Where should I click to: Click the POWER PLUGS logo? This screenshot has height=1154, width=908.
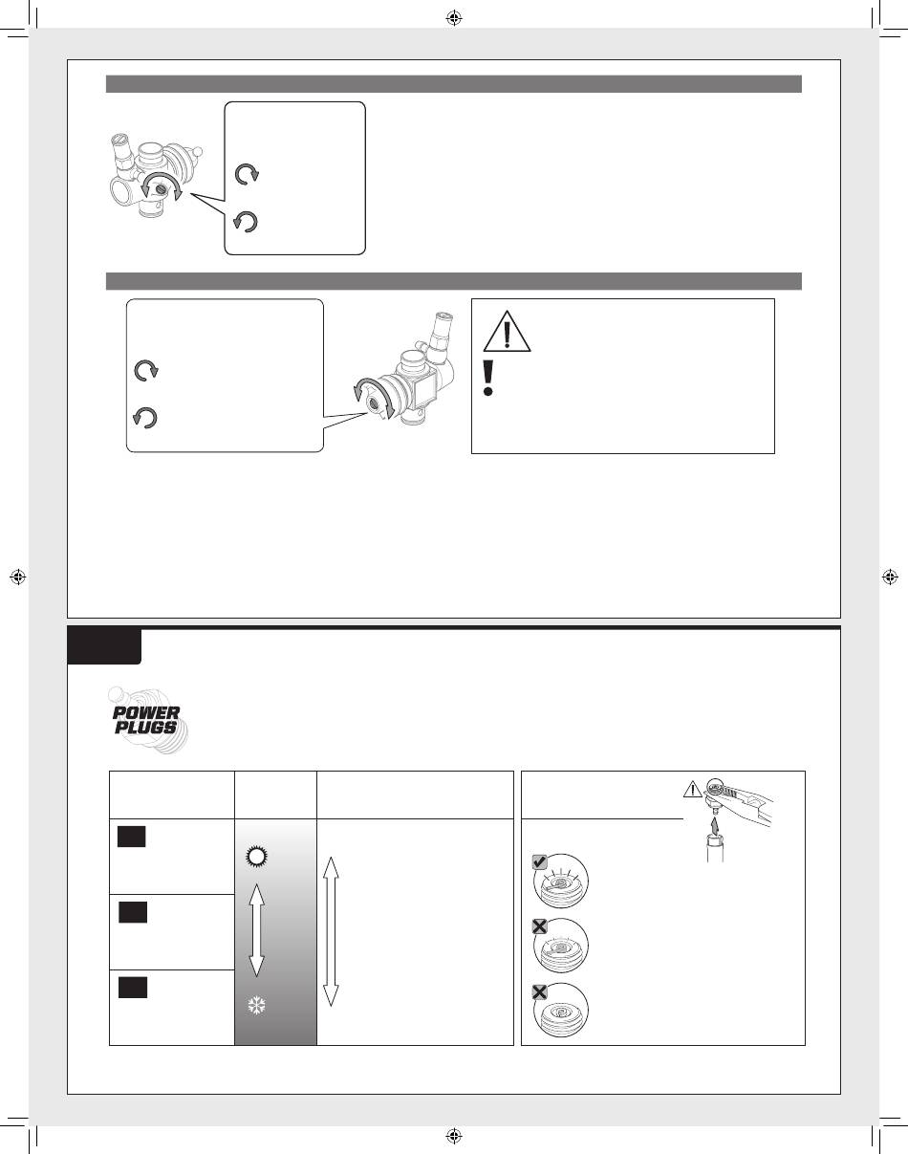[147, 720]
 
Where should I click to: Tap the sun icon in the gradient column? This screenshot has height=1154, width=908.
[256, 857]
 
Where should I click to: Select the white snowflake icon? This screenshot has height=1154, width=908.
[257, 1006]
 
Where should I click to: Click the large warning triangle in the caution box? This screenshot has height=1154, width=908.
[507, 331]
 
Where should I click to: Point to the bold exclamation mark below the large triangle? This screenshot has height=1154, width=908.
[487, 378]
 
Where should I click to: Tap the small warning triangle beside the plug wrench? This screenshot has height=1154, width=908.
[693, 790]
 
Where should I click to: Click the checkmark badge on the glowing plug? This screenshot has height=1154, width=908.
[539, 862]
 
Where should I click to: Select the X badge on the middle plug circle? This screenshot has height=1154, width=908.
[539, 926]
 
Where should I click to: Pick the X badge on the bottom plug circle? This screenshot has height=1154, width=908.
[539, 992]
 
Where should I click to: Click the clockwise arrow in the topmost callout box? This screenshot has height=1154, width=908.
[248, 174]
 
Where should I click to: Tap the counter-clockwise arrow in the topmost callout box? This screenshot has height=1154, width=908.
[246, 222]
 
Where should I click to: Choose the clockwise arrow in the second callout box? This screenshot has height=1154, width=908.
[146, 371]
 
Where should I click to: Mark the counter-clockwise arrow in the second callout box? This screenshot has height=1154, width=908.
[144, 418]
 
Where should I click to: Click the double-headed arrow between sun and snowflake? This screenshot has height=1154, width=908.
[257, 930]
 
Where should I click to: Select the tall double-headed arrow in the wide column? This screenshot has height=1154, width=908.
[331, 931]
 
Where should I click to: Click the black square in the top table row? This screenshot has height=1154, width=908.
[131, 837]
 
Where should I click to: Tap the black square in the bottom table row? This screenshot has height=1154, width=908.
[133, 988]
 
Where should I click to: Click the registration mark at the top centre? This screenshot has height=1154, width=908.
[454, 19]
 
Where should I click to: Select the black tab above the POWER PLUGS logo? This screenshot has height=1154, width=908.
[104, 646]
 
